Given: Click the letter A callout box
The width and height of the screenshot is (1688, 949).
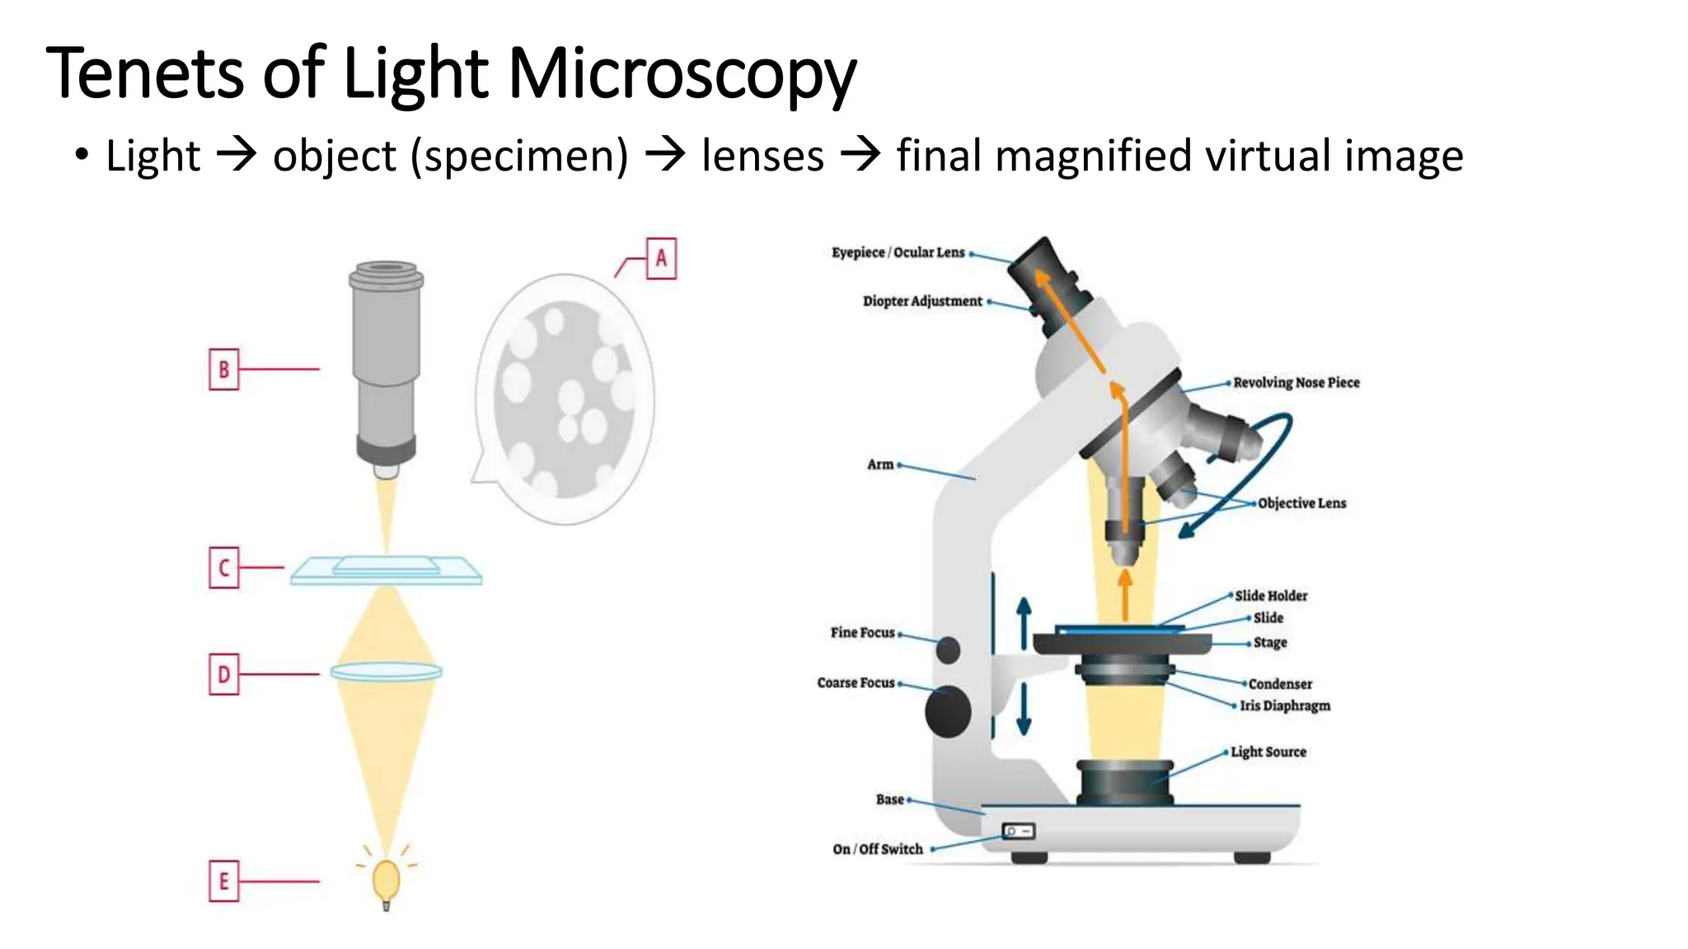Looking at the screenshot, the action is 661,259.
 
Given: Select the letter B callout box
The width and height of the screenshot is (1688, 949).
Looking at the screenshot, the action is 223,369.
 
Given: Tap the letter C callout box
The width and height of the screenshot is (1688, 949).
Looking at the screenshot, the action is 223,568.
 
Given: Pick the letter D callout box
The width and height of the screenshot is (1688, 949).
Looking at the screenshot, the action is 223,675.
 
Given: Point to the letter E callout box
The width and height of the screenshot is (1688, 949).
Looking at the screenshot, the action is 223,881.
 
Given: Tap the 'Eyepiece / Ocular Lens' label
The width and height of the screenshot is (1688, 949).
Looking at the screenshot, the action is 898,252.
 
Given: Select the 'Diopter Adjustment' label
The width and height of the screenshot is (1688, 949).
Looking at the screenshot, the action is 922,302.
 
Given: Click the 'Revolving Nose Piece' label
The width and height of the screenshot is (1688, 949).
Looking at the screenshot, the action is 1296,382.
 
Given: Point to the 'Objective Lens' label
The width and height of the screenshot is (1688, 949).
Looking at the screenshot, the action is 1302,503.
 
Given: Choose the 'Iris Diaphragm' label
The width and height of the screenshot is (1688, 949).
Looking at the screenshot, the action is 1286,706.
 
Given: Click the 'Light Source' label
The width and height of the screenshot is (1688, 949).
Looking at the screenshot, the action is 1268,752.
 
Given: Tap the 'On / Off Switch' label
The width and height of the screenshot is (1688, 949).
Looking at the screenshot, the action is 878,849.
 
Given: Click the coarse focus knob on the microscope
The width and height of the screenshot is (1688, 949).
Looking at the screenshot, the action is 948,712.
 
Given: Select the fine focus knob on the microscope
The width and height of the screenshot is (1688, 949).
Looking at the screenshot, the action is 949,650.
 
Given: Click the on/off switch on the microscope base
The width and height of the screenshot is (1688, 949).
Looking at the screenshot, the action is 1019,831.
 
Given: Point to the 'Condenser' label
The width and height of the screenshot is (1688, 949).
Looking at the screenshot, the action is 1280,684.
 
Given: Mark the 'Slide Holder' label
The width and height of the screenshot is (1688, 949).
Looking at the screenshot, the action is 1271,596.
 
